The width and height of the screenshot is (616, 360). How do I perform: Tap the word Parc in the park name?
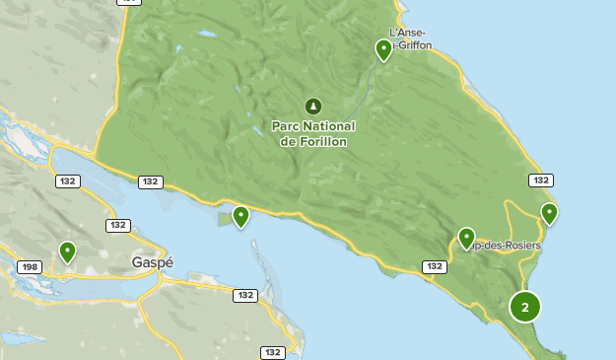[287, 126]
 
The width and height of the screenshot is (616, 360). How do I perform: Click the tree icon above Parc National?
[313, 106]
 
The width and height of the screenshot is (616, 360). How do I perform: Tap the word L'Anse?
[407, 33]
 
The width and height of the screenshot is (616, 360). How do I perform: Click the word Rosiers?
[519, 245]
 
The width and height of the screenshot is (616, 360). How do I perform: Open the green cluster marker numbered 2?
[525, 307]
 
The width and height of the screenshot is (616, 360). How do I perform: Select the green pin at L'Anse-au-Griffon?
[383, 49]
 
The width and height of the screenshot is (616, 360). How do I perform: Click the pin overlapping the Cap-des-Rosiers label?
[466, 238]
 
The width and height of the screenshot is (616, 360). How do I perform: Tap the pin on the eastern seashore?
[549, 212]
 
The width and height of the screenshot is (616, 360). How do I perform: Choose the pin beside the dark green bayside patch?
[240, 216]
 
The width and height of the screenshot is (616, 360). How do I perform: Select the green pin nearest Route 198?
[67, 252]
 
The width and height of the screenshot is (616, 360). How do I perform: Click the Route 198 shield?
[30, 267]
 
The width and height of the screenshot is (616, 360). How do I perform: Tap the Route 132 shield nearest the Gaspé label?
[118, 226]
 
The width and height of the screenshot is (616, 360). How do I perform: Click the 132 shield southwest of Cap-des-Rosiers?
[434, 266]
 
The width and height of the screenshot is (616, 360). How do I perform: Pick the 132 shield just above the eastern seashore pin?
[540, 180]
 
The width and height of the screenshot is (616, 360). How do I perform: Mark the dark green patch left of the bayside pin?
[226, 219]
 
